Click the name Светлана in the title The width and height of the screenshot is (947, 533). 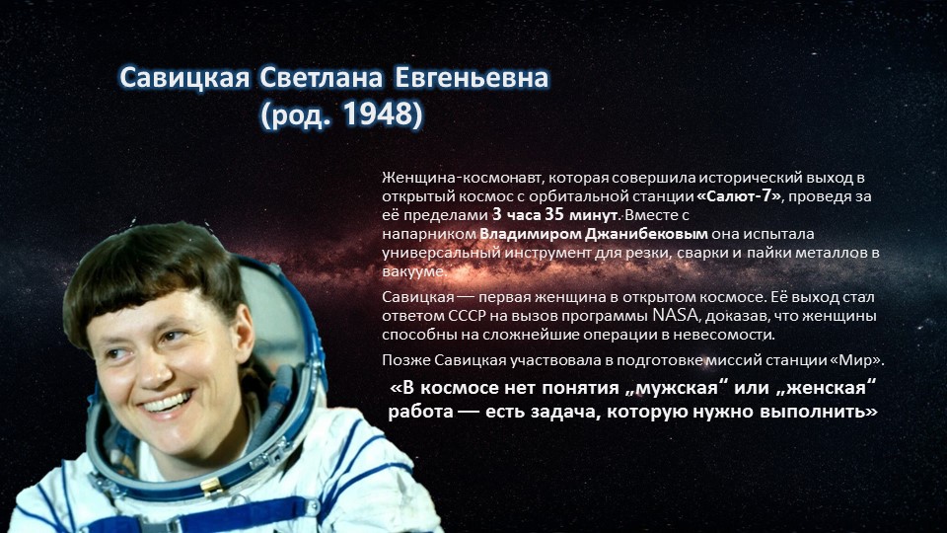[321, 78]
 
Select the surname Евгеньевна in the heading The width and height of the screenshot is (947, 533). [472, 78]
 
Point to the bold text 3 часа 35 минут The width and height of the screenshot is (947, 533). [555, 215]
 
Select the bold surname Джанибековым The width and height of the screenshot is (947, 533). [646, 234]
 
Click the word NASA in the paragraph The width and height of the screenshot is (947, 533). [675, 316]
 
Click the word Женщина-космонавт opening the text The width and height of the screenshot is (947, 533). [463, 178]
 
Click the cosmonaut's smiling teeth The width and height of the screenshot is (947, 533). [167, 403]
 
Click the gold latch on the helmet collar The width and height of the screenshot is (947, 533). [211, 485]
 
